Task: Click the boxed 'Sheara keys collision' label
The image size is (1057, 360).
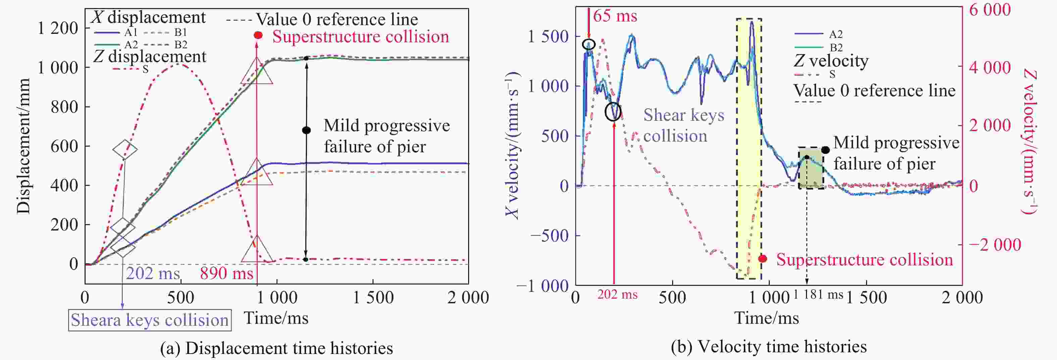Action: coord(149,320)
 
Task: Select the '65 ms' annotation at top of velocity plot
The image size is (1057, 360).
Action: coord(615,16)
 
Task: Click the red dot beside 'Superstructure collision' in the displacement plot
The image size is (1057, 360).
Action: coord(258,35)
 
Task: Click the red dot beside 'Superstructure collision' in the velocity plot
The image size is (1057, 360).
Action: coord(763,259)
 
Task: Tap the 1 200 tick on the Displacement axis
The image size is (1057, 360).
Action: coord(57,28)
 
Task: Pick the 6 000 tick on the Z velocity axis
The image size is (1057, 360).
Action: coord(990,10)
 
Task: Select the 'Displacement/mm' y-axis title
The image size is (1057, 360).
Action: coord(23,146)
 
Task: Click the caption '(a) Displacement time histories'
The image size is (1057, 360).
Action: coord(276,348)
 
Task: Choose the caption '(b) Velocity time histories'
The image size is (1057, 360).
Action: coord(768,347)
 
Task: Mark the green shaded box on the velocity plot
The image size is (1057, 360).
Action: coord(811,168)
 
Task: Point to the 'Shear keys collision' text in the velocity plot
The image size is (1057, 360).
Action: coord(683,125)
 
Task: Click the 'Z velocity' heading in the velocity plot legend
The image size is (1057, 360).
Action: coord(831,61)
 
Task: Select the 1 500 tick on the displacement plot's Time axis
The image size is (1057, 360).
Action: coord(373,298)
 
